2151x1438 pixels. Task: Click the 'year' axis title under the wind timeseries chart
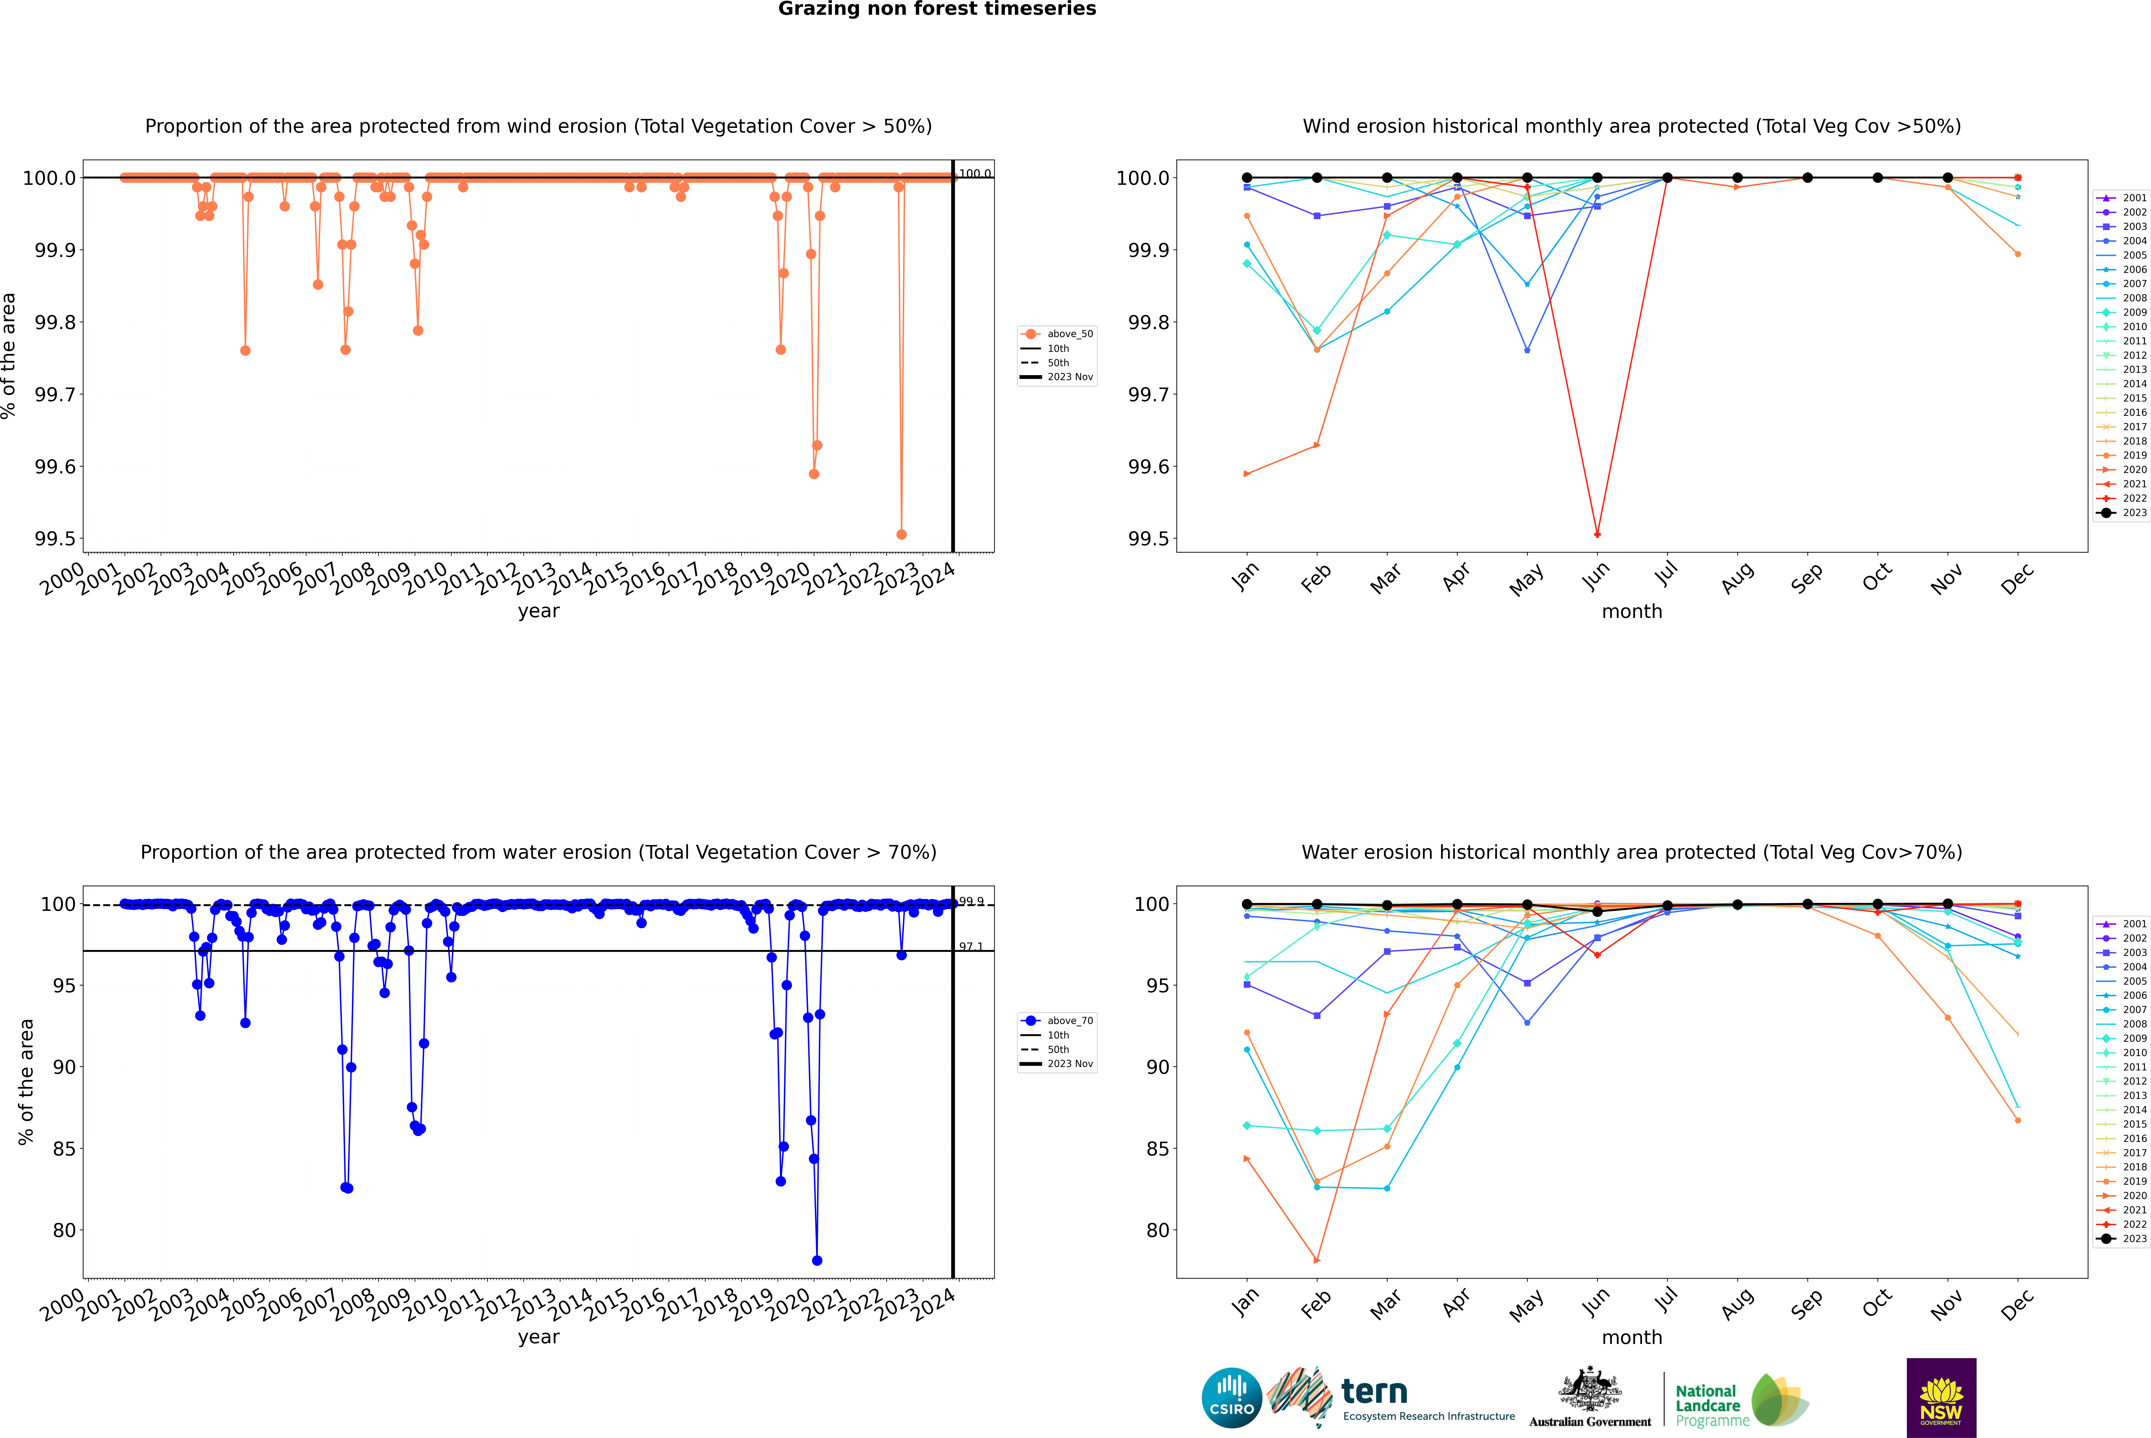coord(538,611)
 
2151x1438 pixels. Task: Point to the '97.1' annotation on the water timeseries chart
coord(971,946)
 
